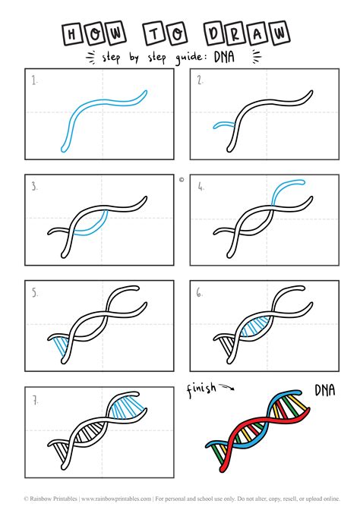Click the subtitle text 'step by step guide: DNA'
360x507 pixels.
(179, 57)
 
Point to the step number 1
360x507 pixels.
(34, 79)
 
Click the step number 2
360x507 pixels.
(200, 79)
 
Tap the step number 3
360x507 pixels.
(34, 184)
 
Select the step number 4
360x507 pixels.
(200, 184)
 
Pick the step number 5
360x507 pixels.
(34, 291)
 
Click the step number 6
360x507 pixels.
(200, 291)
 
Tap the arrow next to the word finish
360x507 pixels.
(227, 391)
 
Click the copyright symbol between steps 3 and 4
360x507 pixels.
(182, 180)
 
